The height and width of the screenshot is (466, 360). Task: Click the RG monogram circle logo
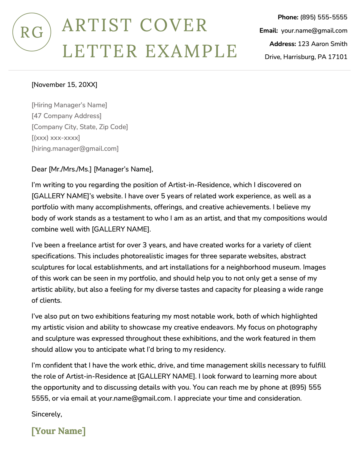[x=31, y=32]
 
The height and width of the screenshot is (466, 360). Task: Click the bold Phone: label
[x=288, y=17]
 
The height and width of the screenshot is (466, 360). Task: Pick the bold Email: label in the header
[x=269, y=31]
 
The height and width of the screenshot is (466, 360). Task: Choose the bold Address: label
[x=283, y=44]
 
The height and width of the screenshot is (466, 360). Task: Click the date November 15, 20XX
[x=64, y=85]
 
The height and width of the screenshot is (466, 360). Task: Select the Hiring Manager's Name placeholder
[x=69, y=105]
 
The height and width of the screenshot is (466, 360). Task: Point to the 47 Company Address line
[x=66, y=116]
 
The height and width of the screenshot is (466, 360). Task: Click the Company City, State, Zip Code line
[x=80, y=127]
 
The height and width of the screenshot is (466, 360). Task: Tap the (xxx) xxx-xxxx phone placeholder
[x=56, y=138]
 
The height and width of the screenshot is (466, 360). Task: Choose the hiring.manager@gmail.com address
[x=75, y=149]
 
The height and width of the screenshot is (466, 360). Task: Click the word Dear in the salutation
[x=39, y=169]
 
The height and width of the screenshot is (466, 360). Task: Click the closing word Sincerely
[x=47, y=414]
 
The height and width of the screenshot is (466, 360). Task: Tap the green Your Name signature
[x=58, y=431]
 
